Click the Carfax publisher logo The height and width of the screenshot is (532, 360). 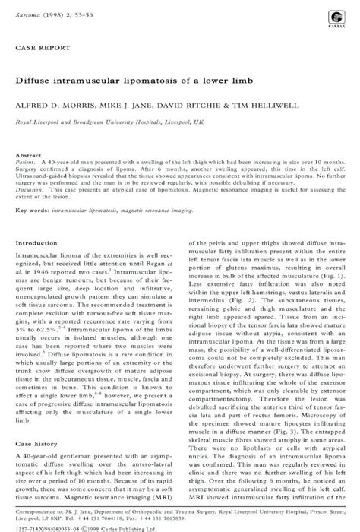[335, 18]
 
